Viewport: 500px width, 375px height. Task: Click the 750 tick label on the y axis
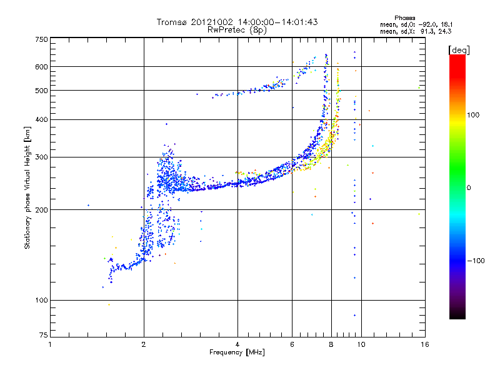pos(41,39)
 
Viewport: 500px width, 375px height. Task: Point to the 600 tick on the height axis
pos(41,67)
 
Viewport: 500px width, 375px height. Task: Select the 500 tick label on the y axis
pos(41,91)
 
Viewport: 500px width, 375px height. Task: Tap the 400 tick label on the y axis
pos(41,120)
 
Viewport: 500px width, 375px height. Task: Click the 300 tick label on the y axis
pos(41,157)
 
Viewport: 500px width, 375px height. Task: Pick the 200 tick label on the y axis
pos(41,210)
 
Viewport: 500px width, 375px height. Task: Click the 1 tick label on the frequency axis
pos(50,344)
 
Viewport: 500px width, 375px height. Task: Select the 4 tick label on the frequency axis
pos(237,344)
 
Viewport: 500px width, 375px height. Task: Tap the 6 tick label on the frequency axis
pos(292,344)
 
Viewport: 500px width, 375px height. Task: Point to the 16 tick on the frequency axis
pos(424,344)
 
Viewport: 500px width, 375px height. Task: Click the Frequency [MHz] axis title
pos(237,352)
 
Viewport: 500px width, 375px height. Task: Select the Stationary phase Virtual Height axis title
pos(27,187)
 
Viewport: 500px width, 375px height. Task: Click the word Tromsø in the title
pos(173,22)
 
